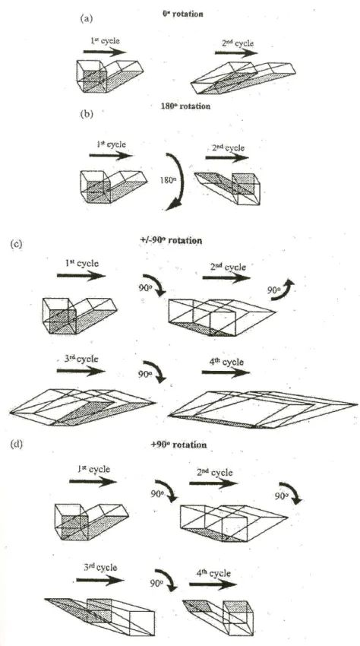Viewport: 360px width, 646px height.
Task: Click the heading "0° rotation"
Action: point(182,14)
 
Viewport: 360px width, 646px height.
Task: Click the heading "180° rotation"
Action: point(185,106)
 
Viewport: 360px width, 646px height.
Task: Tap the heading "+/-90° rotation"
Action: point(171,240)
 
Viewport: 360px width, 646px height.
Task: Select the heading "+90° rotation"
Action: point(178,445)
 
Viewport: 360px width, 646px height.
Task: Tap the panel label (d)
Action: point(17,445)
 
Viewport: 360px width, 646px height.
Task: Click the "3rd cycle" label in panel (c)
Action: point(79,359)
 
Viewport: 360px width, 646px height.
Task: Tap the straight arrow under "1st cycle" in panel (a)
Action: point(105,52)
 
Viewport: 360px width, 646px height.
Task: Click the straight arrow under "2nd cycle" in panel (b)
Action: point(227,158)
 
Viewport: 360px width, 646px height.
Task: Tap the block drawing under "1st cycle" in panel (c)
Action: point(80,315)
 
